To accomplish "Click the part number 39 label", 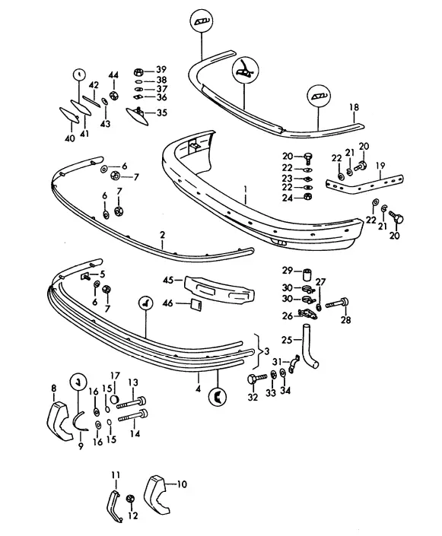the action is (x=161, y=70).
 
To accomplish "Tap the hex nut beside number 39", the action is (x=138, y=72).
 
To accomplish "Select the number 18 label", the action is (x=354, y=107).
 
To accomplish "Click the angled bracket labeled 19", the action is (x=364, y=183).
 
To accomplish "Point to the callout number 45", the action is (x=168, y=281).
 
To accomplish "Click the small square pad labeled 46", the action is (x=196, y=304).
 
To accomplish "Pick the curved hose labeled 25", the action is (x=310, y=347).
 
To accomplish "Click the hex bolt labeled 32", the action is (x=256, y=378).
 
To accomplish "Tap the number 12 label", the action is (x=132, y=515).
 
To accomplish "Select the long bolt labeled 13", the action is (x=132, y=402).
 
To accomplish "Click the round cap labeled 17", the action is (x=116, y=399).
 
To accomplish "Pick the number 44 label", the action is (x=113, y=75).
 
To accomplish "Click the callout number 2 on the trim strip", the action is (x=162, y=235).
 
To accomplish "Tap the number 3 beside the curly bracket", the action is (x=267, y=351).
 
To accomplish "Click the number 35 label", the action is (x=162, y=113).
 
